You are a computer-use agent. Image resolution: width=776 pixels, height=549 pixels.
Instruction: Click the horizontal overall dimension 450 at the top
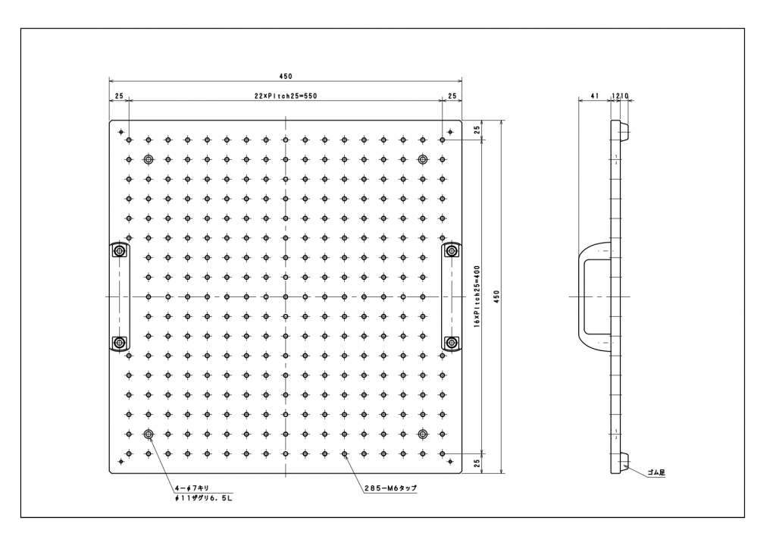(x=286, y=76)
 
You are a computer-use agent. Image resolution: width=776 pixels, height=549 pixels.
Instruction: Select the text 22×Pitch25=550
(x=285, y=96)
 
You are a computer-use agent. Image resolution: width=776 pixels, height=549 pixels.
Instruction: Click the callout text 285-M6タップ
(x=391, y=488)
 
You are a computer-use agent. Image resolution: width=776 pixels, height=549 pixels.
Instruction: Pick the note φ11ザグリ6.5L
(x=201, y=498)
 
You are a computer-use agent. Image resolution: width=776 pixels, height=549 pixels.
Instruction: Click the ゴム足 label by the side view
(x=656, y=472)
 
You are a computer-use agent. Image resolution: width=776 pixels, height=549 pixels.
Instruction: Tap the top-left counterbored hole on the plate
(x=148, y=159)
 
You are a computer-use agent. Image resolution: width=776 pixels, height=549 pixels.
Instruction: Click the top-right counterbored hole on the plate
(x=423, y=159)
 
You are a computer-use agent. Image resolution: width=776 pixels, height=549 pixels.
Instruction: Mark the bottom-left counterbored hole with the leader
(x=148, y=434)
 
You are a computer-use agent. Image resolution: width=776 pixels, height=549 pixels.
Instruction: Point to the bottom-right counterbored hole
(x=423, y=434)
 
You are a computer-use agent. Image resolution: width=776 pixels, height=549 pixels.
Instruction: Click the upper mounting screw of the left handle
(x=119, y=251)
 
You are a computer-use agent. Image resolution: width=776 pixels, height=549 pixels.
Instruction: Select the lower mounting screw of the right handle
(x=452, y=343)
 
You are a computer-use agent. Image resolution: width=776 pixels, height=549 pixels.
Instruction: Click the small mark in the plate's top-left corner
(x=121, y=132)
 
